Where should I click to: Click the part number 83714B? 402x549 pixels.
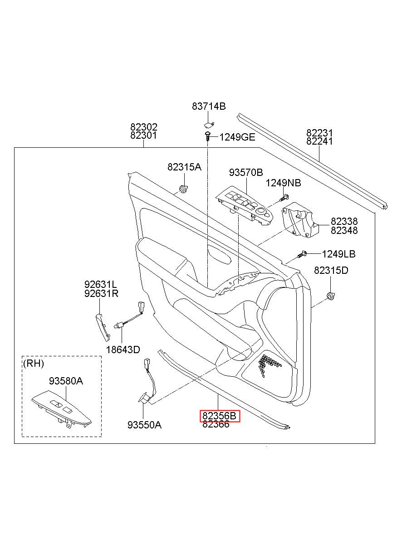(208, 107)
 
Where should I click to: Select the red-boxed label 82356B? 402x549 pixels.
(219, 416)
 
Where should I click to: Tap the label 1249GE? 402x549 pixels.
(237, 137)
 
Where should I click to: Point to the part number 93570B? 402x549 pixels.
(246, 173)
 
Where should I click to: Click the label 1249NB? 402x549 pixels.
(283, 183)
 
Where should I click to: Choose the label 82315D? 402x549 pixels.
(331, 270)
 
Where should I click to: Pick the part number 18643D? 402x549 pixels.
(123, 350)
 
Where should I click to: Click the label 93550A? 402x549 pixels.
(144, 425)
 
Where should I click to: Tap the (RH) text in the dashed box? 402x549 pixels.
(34, 364)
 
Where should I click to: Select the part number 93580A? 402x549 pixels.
(66, 381)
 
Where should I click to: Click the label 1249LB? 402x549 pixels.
(338, 254)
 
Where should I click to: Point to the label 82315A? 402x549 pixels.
(184, 167)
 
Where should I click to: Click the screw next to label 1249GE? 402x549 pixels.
(208, 136)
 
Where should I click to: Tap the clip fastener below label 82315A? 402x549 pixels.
(183, 189)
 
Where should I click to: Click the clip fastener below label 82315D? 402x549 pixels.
(331, 296)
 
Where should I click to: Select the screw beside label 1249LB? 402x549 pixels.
(302, 254)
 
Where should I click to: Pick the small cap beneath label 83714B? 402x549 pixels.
(209, 125)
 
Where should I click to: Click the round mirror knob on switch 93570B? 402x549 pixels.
(261, 210)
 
